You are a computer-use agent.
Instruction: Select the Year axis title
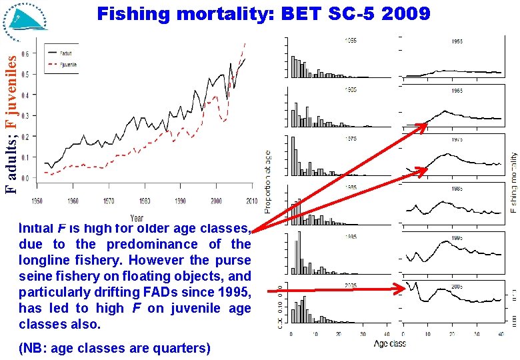tap(137, 217)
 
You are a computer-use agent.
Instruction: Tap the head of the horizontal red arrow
tap(405, 289)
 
